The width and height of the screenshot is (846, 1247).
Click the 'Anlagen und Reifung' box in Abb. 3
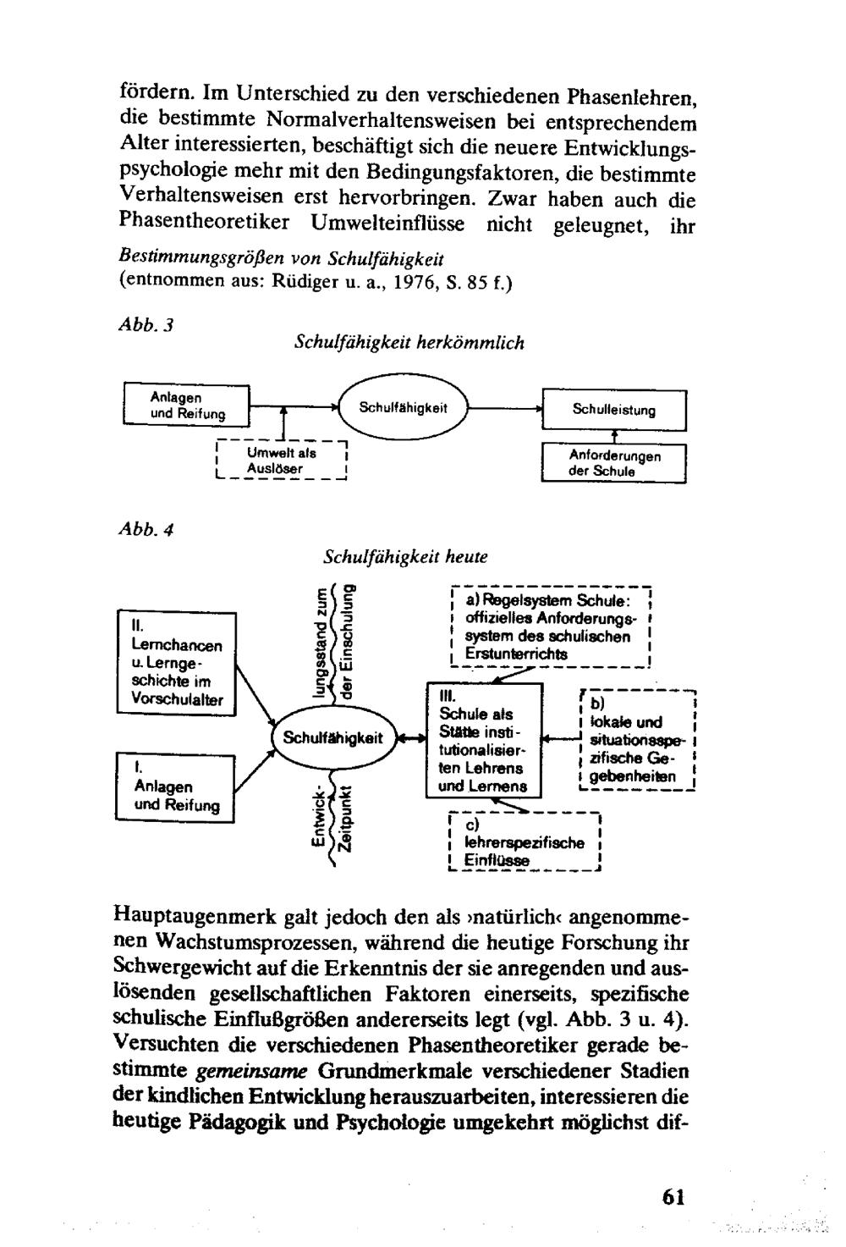click(x=187, y=405)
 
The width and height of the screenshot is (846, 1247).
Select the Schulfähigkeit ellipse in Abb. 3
click(x=402, y=408)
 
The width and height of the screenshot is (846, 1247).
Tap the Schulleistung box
click(x=613, y=410)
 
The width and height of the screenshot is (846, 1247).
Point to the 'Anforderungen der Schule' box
click(x=613, y=463)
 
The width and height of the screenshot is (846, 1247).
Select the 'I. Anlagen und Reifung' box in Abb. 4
click(x=175, y=786)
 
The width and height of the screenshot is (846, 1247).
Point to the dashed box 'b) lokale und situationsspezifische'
click(x=637, y=740)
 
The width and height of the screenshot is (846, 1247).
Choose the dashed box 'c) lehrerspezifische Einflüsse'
click(x=523, y=841)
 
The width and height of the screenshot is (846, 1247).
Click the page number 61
click(x=673, y=1196)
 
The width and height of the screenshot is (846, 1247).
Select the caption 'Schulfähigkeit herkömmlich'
click(x=409, y=343)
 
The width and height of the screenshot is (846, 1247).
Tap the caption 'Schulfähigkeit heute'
click(x=405, y=558)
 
